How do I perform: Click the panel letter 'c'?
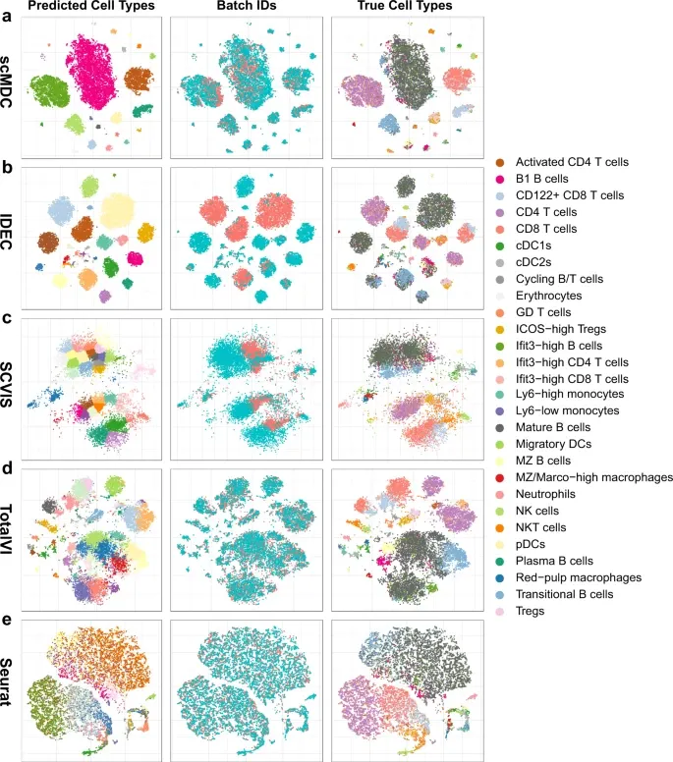[x=7, y=319]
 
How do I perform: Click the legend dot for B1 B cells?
[x=500, y=179]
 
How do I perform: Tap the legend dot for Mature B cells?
[x=500, y=427]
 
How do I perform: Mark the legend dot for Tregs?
[x=500, y=611]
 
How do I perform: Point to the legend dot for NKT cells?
[x=500, y=527]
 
